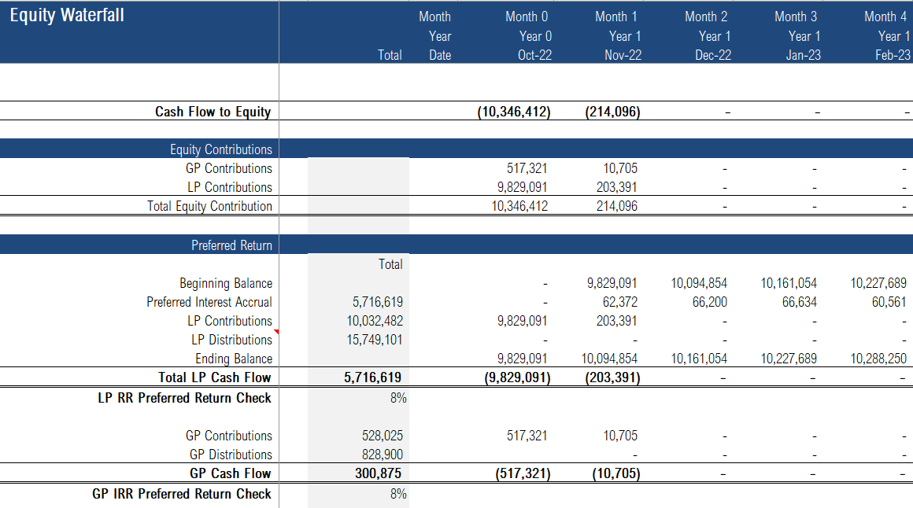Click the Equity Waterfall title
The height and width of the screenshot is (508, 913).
coord(67,16)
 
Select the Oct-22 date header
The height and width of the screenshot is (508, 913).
coord(535,55)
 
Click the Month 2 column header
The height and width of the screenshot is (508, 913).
coord(706,16)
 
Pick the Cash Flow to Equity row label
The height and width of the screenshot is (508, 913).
coord(213,112)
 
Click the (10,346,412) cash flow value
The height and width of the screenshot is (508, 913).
coord(514,112)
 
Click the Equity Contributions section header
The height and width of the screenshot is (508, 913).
coord(221,149)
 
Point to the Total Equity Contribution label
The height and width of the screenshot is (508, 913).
coord(209,206)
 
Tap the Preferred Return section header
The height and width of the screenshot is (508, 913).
coord(231,245)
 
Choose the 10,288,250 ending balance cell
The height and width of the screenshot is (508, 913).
coord(878,359)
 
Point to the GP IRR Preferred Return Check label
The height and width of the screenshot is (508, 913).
coord(182,494)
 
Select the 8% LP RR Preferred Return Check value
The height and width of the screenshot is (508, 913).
coord(398,398)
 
